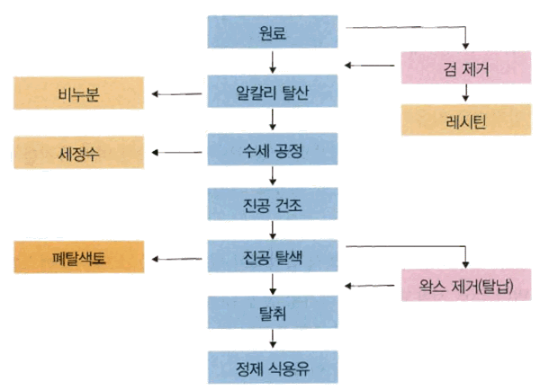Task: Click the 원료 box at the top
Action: pos(273,33)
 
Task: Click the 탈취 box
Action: pos(273,311)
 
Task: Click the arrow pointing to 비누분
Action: pos(177,93)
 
